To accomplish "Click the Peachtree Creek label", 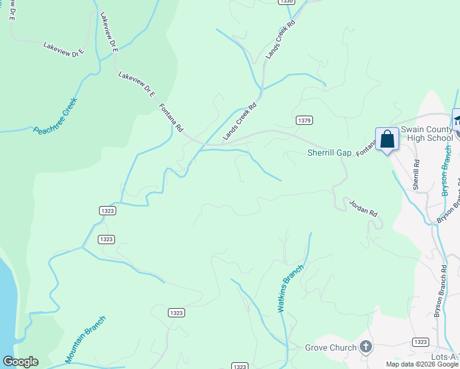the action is [x=55, y=116].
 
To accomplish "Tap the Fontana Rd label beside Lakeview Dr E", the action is [x=172, y=117].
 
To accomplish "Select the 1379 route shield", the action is [x=303, y=119].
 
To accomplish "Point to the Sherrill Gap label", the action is [x=329, y=153].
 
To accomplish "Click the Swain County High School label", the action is [x=426, y=133].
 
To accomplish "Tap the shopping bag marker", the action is [x=387, y=140].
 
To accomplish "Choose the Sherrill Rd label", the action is [x=416, y=175].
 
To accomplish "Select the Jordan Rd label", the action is [x=363, y=207].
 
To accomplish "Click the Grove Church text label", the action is [x=331, y=347].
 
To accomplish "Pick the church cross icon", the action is [x=366, y=347].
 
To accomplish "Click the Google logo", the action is [x=20, y=362].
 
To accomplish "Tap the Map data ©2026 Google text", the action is [x=422, y=364].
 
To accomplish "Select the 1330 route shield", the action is [x=286, y=2].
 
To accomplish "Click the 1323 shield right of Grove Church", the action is [x=421, y=341].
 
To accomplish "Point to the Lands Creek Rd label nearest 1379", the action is [x=240, y=121].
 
